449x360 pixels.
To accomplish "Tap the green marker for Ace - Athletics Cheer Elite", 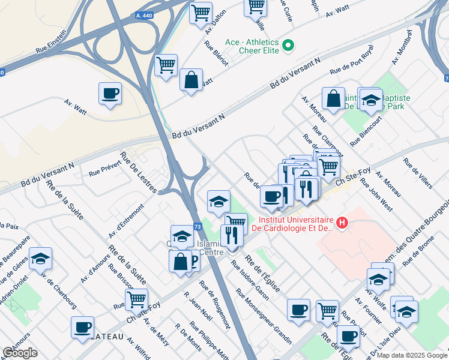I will click(288, 45).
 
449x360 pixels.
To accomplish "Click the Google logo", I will click(20, 353).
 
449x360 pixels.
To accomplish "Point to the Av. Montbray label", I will click(402, 47).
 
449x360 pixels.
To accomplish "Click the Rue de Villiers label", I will click(418, 173).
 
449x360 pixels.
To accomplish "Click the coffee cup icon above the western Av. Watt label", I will click(110, 94).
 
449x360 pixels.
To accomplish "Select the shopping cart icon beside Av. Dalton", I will click(200, 12).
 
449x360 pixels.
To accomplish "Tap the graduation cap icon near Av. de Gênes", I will click(41, 258).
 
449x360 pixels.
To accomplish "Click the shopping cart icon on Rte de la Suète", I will click(137, 298).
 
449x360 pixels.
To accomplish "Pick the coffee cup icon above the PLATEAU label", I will click(82, 327).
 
